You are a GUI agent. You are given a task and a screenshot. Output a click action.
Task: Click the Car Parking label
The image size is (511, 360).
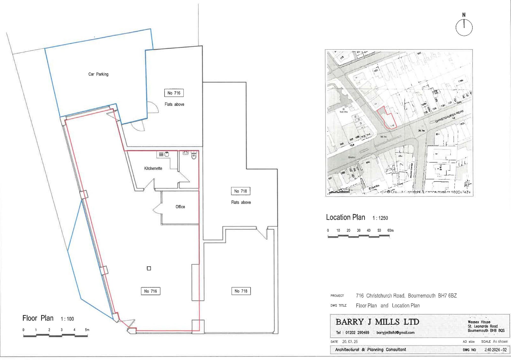tap(98, 74)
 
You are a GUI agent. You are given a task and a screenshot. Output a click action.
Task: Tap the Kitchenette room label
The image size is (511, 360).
tap(153, 168)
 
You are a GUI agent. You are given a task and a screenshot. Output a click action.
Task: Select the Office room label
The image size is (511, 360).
tap(180, 207)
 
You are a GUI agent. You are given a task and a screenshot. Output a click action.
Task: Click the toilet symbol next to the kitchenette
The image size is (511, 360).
tap(194, 156)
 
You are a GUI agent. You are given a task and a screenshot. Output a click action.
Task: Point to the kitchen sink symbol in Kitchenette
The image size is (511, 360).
tap(167, 154)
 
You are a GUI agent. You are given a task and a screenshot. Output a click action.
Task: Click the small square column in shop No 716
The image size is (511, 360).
tap(149, 268)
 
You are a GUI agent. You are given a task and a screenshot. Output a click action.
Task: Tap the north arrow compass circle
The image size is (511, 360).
tap(464, 28)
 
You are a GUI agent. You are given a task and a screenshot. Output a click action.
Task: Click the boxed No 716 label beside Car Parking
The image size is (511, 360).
tap(174, 93)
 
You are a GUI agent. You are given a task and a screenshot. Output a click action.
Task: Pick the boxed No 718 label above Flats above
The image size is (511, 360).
tap(240, 191)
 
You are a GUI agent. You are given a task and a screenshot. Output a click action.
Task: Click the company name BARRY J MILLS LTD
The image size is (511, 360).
tap(377, 322)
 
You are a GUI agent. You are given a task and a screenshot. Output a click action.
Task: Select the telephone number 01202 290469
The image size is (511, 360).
tap(357, 333)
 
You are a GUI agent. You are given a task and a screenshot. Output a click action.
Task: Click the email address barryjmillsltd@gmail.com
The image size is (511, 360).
tap(395, 333)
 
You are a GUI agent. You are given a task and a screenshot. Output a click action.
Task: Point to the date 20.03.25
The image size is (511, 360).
tap(350, 342)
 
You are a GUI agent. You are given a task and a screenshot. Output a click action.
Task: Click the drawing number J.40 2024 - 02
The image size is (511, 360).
tap(495, 350)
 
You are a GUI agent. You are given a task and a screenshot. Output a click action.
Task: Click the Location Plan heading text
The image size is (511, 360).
tap(345, 217)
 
